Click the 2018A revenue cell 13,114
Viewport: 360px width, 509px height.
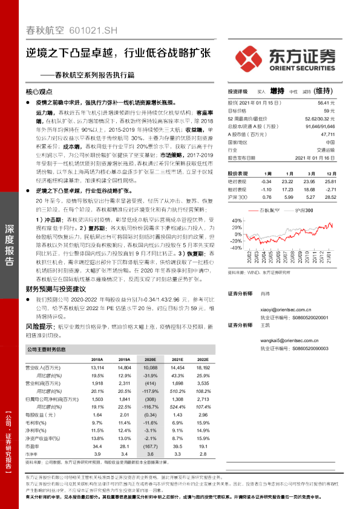point(97,368)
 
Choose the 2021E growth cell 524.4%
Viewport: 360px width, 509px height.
point(176,407)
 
